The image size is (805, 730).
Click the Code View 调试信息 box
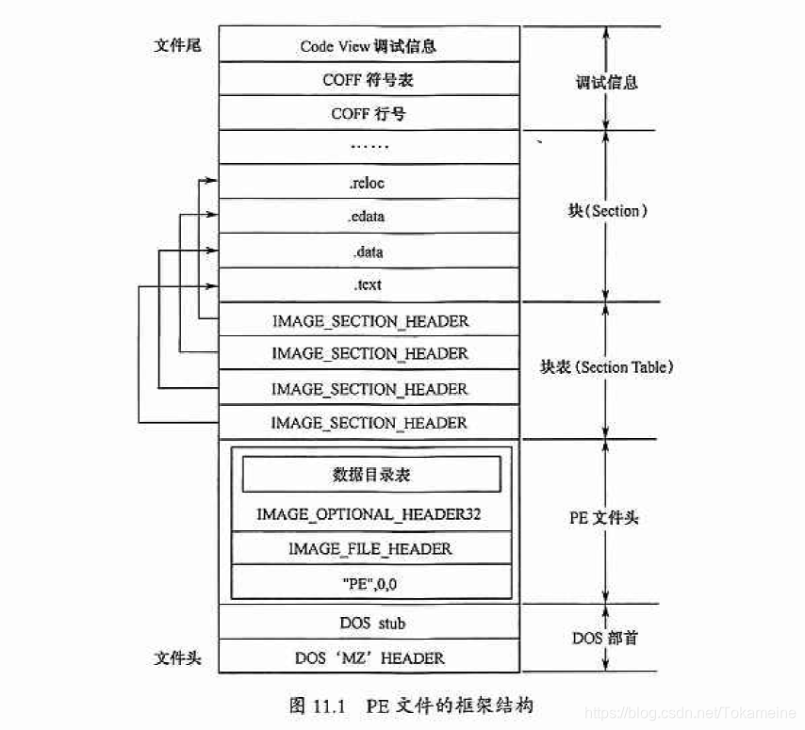[368, 45]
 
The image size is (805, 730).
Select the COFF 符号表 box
[368, 80]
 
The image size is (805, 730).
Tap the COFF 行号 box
[368, 114]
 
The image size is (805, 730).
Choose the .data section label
[368, 252]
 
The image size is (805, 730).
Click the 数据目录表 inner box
[371, 475]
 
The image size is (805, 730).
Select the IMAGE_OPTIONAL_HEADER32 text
[370, 515]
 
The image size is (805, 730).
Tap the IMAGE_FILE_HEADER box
[370, 548]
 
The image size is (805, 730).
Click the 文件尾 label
[176, 45]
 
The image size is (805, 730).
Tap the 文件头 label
[176, 657]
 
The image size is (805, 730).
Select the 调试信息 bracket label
[606, 82]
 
